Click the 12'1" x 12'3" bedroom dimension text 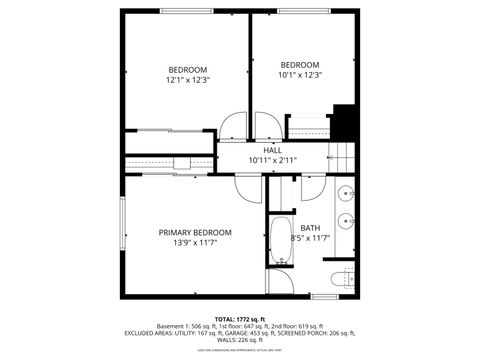pyautogui.click(x=187, y=79)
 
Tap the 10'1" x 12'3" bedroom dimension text pyautogui.click(x=300, y=74)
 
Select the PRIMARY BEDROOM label pyautogui.click(x=195, y=232)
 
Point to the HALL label pyautogui.click(x=272, y=150)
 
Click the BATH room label pyautogui.click(x=310, y=228)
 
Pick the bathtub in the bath pyautogui.click(x=280, y=241)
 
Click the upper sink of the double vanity pyautogui.click(x=347, y=193)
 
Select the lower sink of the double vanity pyautogui.click(x=347, y=219)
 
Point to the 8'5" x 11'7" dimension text pyautogui.click(x=310, y=238)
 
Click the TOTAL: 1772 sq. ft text pyautogui.click(x=239, y=318)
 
